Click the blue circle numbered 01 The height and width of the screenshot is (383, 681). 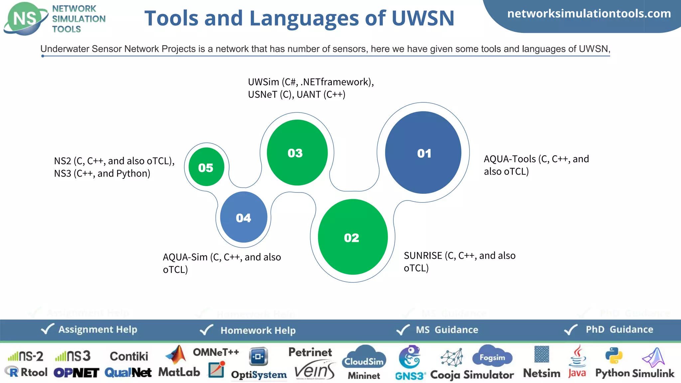tap(423, 153)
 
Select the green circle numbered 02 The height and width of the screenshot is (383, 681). tap(352, 237)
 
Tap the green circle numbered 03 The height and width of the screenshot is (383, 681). tap(297, 153)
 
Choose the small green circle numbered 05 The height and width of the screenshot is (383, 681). tap(206, 167)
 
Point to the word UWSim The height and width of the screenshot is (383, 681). tap(263, 82)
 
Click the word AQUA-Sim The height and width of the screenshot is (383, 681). tap(185, 257)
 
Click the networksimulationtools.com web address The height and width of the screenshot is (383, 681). tap(589, 14)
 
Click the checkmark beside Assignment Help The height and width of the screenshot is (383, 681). tap(47, 329)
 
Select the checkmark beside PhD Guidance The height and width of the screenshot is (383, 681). tap(571, 329)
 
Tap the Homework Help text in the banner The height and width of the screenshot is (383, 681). tap(258, 330)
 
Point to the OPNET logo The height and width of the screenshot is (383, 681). tap(76, 373)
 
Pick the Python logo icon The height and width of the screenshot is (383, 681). tap(613, 355)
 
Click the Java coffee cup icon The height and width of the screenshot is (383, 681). tap(578, 356)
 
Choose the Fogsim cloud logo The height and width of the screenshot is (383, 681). tap(492, 356)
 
